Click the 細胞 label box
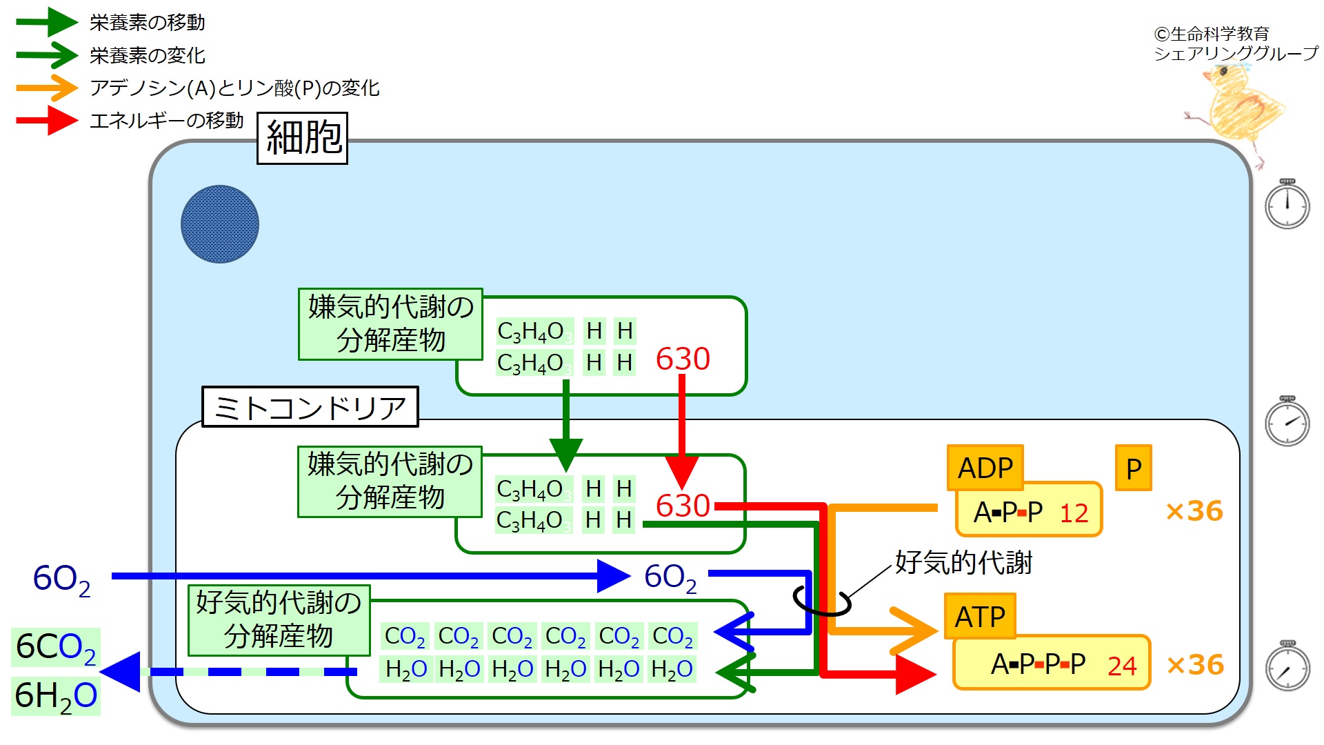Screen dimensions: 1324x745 302,138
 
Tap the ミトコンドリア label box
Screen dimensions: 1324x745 310,407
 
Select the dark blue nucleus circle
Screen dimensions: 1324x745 220,224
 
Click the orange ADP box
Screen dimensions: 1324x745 985,468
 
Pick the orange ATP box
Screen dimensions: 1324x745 980,616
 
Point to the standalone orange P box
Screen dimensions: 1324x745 1134,468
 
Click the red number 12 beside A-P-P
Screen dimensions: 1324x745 1074,513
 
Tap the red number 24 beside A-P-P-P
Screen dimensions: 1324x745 1122,666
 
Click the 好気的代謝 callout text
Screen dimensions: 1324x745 963,563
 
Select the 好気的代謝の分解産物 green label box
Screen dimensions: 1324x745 279,619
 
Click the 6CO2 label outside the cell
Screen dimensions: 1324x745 56,647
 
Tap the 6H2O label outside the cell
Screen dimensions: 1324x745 56,695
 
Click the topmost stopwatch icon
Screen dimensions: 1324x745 1287,203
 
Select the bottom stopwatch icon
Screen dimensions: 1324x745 1287,666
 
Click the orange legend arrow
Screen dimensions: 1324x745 47,88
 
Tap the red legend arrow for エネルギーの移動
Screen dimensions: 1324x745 47,121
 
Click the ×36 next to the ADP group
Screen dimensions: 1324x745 1194,511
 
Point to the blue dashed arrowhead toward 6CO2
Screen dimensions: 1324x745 121,672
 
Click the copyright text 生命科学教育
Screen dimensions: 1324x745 1220,34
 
